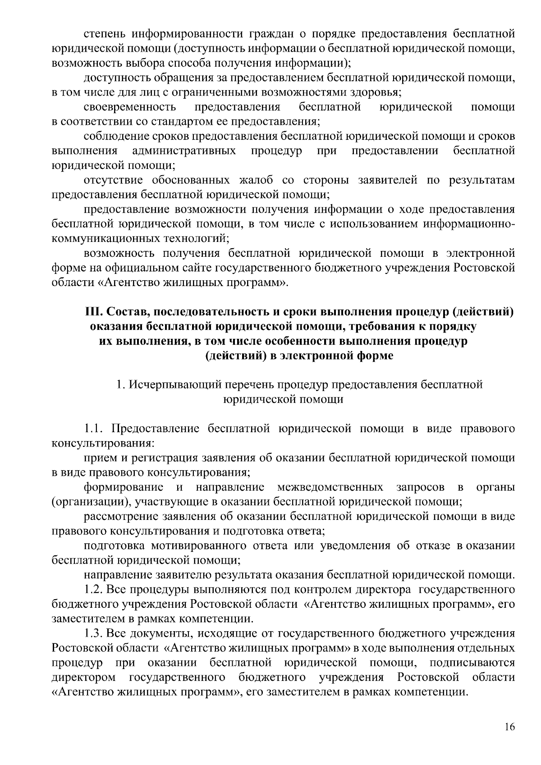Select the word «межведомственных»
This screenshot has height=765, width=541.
pos(330,487)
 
